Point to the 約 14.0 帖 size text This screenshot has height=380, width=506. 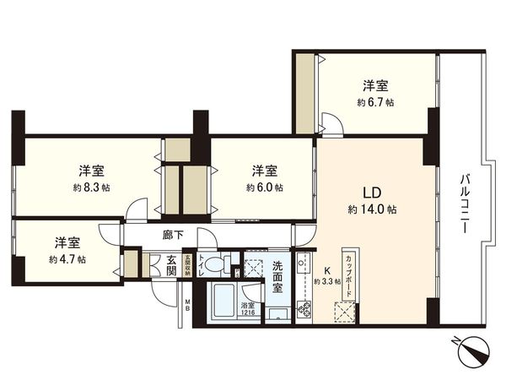pos(373,208)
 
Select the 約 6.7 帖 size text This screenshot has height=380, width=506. pos(374,101)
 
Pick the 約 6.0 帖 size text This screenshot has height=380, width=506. pos(265,187)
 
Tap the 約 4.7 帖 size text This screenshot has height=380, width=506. pos(67,259)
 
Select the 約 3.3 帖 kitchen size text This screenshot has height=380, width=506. pos(327,281)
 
